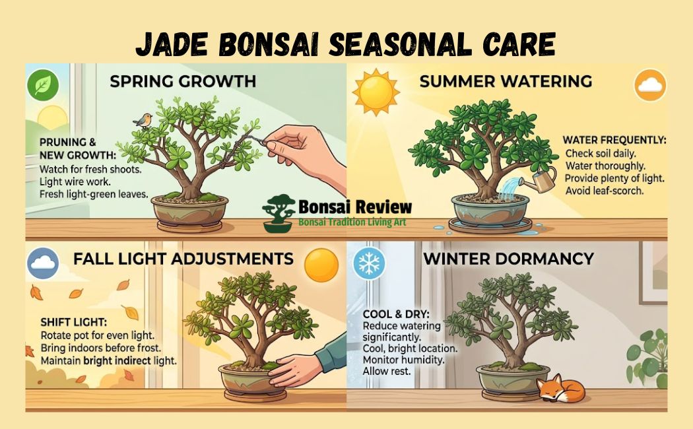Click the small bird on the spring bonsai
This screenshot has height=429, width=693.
pyautogui.click(x=143, y=119)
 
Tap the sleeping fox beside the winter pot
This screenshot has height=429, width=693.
pyautogui.click(x=560, y=390)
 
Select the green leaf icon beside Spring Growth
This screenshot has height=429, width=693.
pyautogui.click(x=43, y=85)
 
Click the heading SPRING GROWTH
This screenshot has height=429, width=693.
pyautogui.click(x=183, y=82)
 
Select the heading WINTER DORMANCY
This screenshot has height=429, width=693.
pyautogui.click(x=508, y=258)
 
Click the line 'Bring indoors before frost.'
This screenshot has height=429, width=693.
pyautogui.click(x=102, y=348)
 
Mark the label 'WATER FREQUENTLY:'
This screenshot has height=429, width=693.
pyautogui.click(x=614, y=141)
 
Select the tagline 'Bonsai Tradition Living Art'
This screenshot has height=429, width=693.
pyautogui.click(x=352, y=223)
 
